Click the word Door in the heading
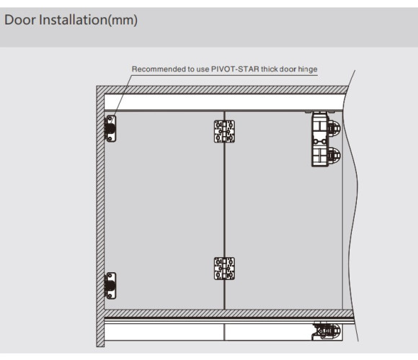[20, 19]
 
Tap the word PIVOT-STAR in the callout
[235, 69]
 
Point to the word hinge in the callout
[308, 70]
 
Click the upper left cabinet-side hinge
[111, 128]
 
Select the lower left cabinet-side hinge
[111, 285]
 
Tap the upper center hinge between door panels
[224, 131]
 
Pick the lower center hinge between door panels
[224, 269]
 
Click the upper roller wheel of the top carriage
[334, 128]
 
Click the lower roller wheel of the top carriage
[334, 155]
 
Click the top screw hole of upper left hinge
[110, 118]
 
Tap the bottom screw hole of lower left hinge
[110, 296]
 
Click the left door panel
[164, 210]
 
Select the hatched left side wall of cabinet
[100, 216]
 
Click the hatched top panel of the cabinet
[222, 90]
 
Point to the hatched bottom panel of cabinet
[228, 313]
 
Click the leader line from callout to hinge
[122, 96]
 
